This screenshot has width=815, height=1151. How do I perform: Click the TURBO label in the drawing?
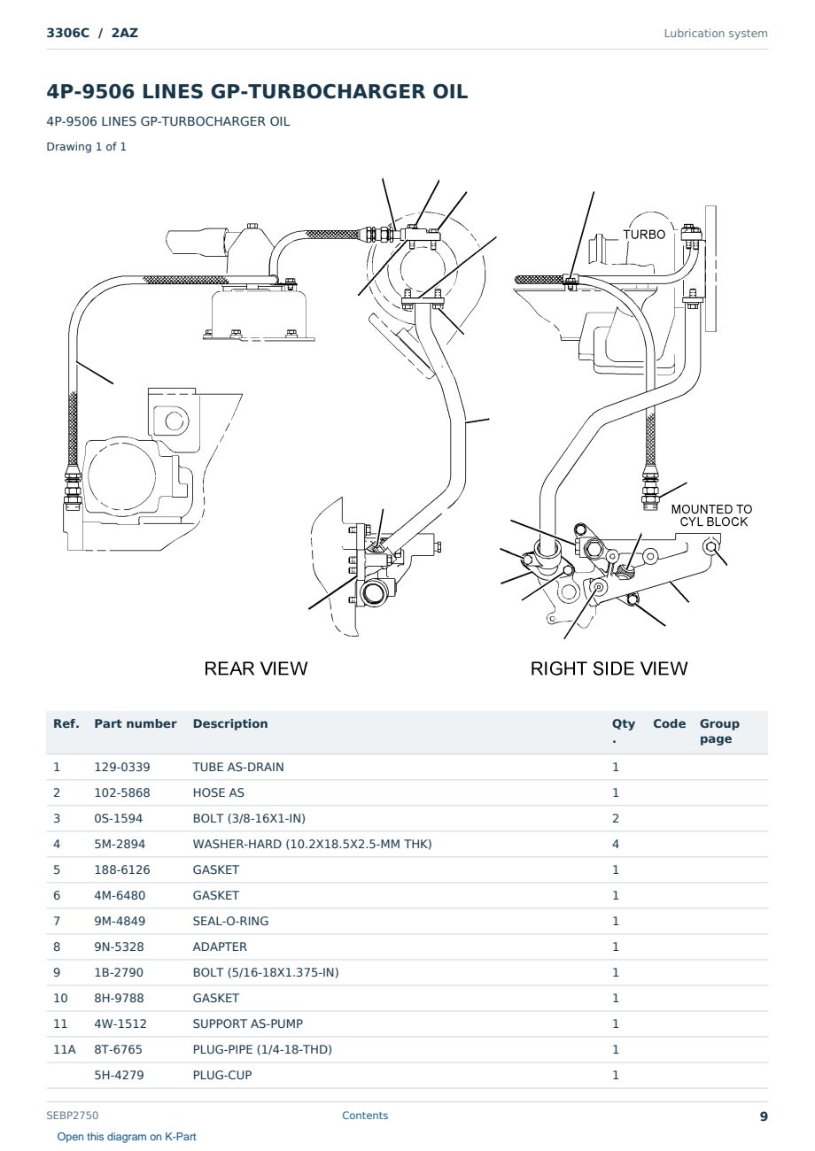[x=644, y=235]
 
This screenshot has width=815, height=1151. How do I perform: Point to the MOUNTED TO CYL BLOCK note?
[x=711, y=515]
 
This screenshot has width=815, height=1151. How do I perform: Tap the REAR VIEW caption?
[x=255, y=668]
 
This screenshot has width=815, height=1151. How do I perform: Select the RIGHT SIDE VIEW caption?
[x=609, y=668]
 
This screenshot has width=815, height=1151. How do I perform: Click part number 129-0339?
[x=122, y=767]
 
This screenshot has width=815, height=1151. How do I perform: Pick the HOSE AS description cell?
[x=219, y=792]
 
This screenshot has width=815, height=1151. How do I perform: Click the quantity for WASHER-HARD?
[x=616, y=845]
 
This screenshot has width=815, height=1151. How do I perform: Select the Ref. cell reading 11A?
[x=65, y=1049]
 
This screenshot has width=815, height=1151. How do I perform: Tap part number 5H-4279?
[x=119, y=1075]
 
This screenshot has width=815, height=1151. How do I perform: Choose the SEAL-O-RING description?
[x=230, y=922]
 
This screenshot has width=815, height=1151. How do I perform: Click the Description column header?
[x=230, y=723]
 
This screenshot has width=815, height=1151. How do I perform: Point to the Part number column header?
[x=136, y=723]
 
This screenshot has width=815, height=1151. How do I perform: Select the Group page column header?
[x=719, y=731]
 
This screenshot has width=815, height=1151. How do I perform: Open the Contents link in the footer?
[x=365, y=1116]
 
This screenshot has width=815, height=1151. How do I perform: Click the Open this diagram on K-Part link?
[x=127, y=1137]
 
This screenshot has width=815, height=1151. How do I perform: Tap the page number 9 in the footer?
[x=764, y=1116]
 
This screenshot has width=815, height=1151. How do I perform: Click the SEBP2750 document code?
[x=73, y=1116]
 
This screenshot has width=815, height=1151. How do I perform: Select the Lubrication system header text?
[x=716, y=34]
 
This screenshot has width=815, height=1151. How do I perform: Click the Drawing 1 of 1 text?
[x=87, y=146]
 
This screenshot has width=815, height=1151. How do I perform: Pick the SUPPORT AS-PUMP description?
[x=248, y=1024]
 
